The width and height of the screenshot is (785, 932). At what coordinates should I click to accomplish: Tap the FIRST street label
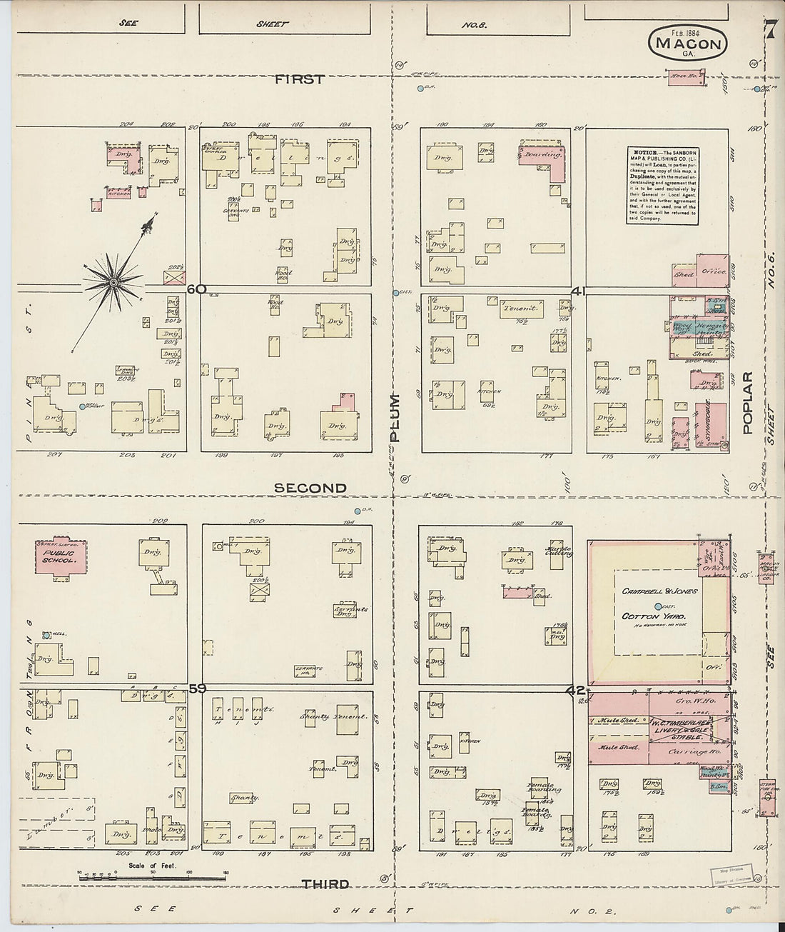click(x=300, y=79)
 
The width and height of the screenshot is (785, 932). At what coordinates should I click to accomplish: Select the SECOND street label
click(x=310, y=488)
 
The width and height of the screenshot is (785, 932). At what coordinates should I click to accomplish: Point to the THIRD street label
click(x=325, y=884)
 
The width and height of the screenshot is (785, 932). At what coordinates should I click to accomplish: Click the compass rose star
click(x=113, y=283)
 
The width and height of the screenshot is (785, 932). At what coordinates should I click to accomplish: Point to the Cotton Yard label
click(x=653, y=616)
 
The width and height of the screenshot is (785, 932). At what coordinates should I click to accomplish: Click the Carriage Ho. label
click(x=685, y=753)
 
